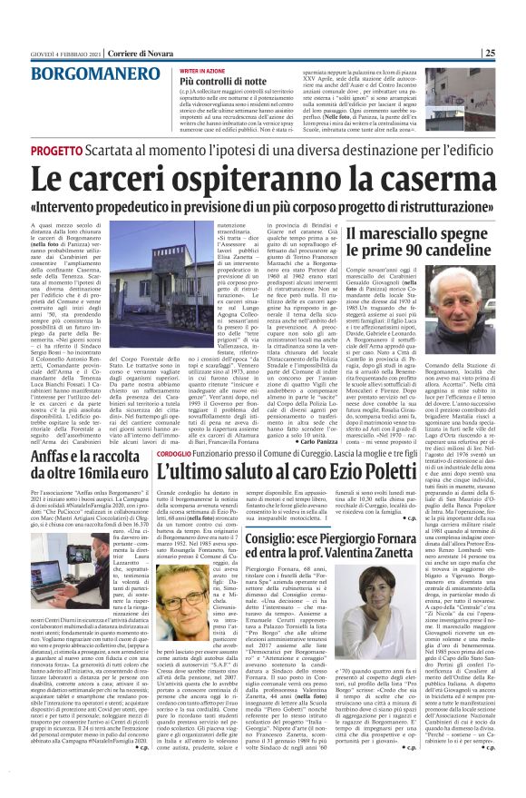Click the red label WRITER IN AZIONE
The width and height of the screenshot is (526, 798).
202,70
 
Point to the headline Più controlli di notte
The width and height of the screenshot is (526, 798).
223,81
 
